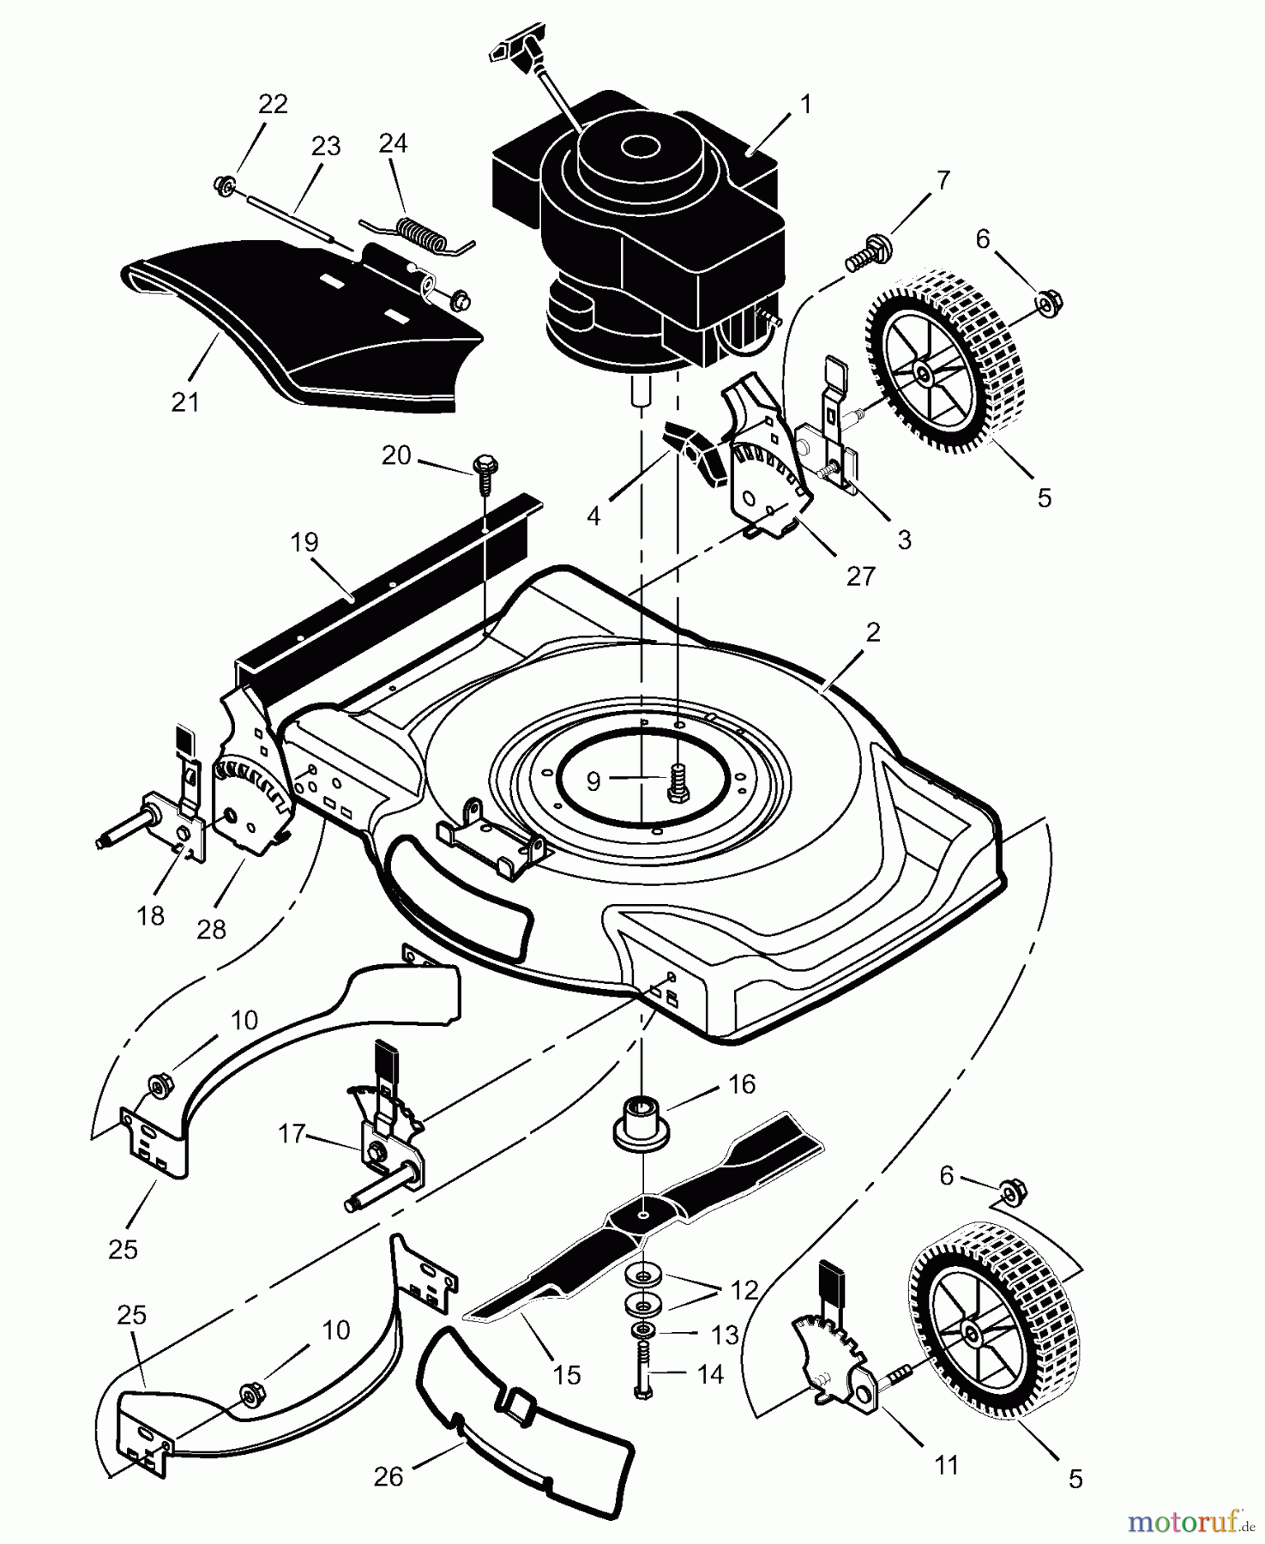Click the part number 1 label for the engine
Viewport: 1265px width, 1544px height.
click(805, 105)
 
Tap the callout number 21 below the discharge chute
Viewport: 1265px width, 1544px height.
click(185, 401)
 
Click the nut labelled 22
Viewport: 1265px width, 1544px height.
click(226, 184)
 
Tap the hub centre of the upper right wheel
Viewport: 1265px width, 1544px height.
click(924, 374)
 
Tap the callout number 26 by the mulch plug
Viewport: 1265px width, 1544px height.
click(389, 1477)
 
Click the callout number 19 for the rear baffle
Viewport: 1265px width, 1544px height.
click(304, 542)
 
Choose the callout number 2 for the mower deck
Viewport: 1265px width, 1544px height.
click(873, 632)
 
